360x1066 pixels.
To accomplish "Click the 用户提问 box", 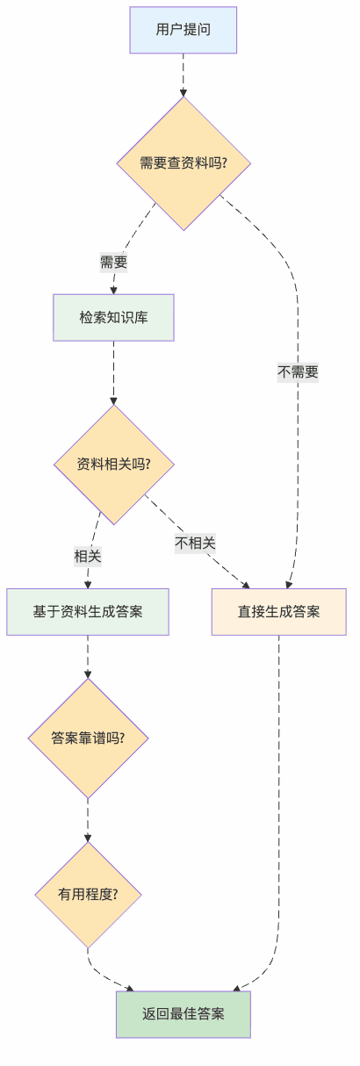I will point(183,30).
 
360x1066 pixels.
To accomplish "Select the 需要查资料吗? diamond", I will point(184,163).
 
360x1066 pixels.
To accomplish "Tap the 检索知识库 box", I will point(113,317).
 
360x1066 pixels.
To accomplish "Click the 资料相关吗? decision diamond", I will point(113,464).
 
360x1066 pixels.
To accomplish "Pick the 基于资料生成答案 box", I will point(88,611).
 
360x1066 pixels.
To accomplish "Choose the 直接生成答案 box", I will point(278,611).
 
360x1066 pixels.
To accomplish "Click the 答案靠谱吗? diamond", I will point(88,738).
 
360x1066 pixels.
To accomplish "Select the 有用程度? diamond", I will point(88,895).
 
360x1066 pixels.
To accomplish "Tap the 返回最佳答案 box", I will point(184,1014).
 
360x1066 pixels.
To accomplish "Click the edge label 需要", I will point(113,262).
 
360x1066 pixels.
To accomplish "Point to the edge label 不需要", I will point(298,372).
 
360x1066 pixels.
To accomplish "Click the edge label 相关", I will point(88,556).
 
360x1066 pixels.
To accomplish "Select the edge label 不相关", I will point(195,543).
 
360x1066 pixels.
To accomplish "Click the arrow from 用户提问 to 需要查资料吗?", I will point(184,75).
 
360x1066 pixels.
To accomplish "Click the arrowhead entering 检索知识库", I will point(112,289).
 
